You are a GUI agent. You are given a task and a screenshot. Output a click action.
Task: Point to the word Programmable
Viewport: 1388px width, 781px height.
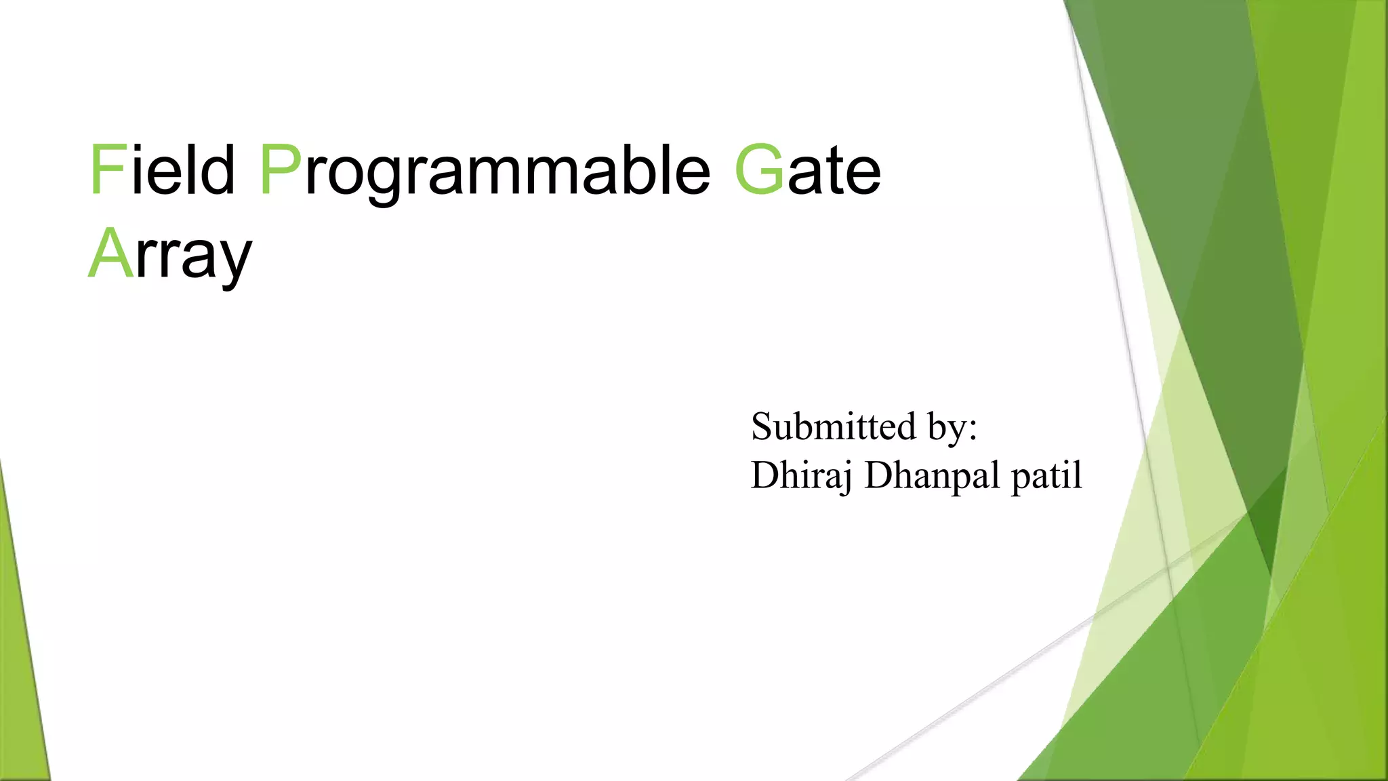tap(485, 173)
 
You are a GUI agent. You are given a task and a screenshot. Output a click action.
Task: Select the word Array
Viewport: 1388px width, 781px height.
tap(170, 256)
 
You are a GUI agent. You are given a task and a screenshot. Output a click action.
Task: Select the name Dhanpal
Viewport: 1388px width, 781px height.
tap(933, 476)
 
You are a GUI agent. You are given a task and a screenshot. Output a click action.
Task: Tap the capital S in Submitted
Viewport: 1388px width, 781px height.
tap(762, 427)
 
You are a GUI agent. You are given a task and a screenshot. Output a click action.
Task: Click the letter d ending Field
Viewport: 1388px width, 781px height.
tap(218, 169)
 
